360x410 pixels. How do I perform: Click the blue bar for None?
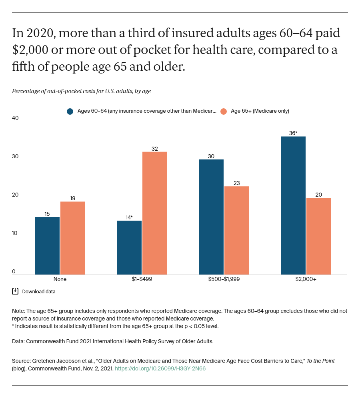pyautogui.click(x=47, y=245)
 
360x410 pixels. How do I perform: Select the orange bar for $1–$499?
pyautogui.click(x=155, y=213)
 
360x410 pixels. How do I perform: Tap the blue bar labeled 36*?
pyautogui.click(x=293, y=205)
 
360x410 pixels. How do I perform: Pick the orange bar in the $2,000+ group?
pyautogui.click(x=319, y=236)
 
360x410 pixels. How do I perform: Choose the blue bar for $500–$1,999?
pyautogui.click(x=211, y=217)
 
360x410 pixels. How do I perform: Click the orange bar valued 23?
pyautogui.click(x=237, y=230)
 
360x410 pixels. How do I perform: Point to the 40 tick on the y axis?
pyautogui.click(x=15, y=118)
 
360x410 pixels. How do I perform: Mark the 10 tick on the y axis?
pyautogui.click(x=15, y=233)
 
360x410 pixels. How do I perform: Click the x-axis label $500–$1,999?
pyautogui.click(x=224, y=279)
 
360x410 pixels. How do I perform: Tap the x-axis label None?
pyautogui.click(x=60, y=279)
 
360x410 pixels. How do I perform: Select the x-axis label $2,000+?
pyautogui.click(x=306, y=279)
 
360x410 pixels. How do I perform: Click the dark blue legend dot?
pyautogui.click(x=70, y=111)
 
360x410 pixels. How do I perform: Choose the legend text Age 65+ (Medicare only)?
pyautogui.click(x=260, y=111)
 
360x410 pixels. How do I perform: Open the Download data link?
pyautogui.click(x=39, y=292)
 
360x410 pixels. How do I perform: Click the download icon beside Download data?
pyautogui.click(x=15, y=291)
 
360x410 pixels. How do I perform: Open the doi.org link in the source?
pyautogui.click(x=160, y=368)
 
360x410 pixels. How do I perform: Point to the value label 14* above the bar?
pyautogui.click(x=129, y=217)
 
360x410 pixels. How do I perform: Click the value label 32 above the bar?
pyautogui.click(x=155, y=149)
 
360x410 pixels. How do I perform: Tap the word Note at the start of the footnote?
pyautogui.click(x=18, y=311)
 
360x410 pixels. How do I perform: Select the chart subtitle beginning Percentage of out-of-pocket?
pyautogui.click(x=81, y=91)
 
